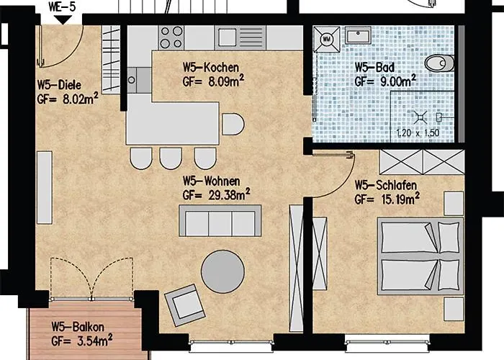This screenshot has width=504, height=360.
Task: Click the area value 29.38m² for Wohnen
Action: [x=224, y=194]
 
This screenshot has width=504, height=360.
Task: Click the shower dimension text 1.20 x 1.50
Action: [x=418, y=133]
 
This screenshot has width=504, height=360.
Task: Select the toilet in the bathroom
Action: [x=440, y=64]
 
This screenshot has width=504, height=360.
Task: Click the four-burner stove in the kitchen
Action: [x=171, y=35]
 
